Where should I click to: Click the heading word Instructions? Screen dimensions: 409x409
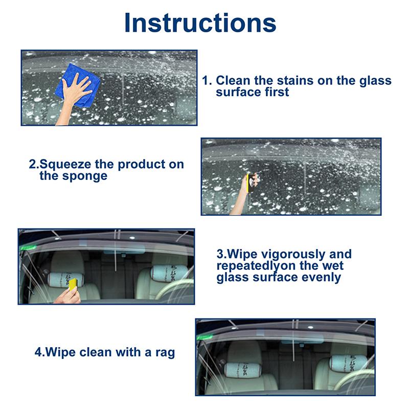tap(200, 22)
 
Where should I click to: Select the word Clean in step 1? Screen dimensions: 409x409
tap(232, 81)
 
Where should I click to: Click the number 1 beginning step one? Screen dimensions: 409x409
tap(206, 81)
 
